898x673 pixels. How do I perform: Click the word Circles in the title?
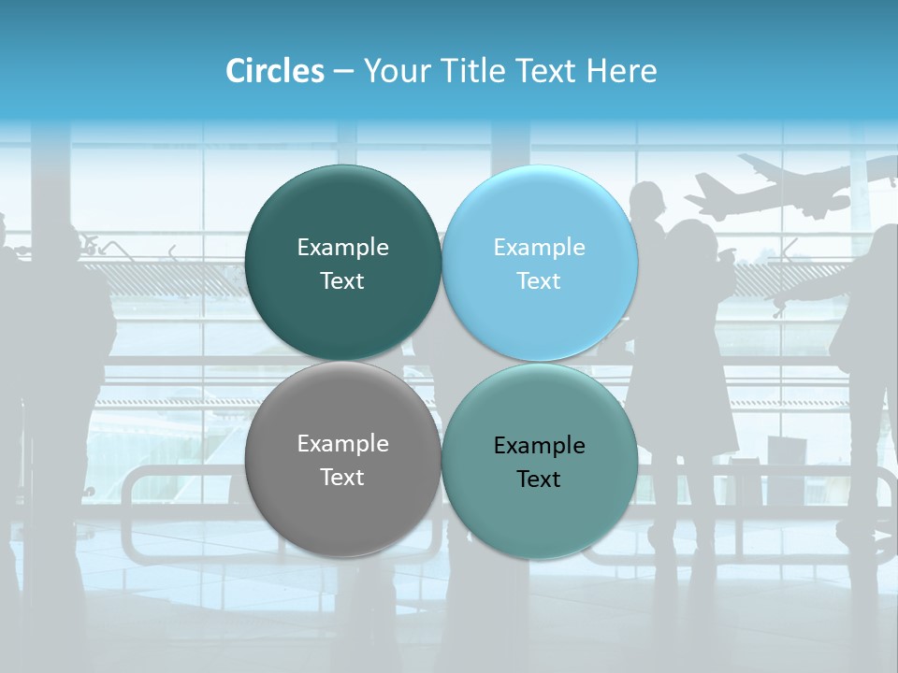point(275,71)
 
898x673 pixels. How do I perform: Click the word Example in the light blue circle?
point(540,247)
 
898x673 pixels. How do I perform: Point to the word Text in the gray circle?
point(342,477)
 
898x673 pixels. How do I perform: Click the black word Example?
point(540,445)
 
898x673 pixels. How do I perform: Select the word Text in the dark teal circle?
point(342,280)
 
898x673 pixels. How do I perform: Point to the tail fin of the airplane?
point(754,165)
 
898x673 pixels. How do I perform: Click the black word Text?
point(540,479)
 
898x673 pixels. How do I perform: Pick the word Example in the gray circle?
point(342,443)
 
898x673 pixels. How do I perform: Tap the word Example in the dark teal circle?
point(342,247)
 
